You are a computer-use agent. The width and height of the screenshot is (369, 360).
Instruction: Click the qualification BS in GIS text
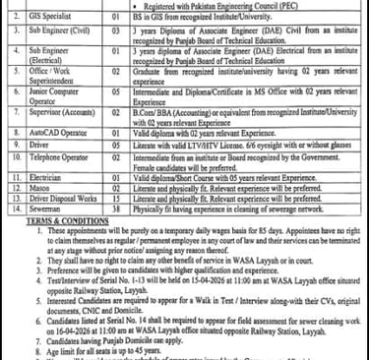point(154,19)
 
